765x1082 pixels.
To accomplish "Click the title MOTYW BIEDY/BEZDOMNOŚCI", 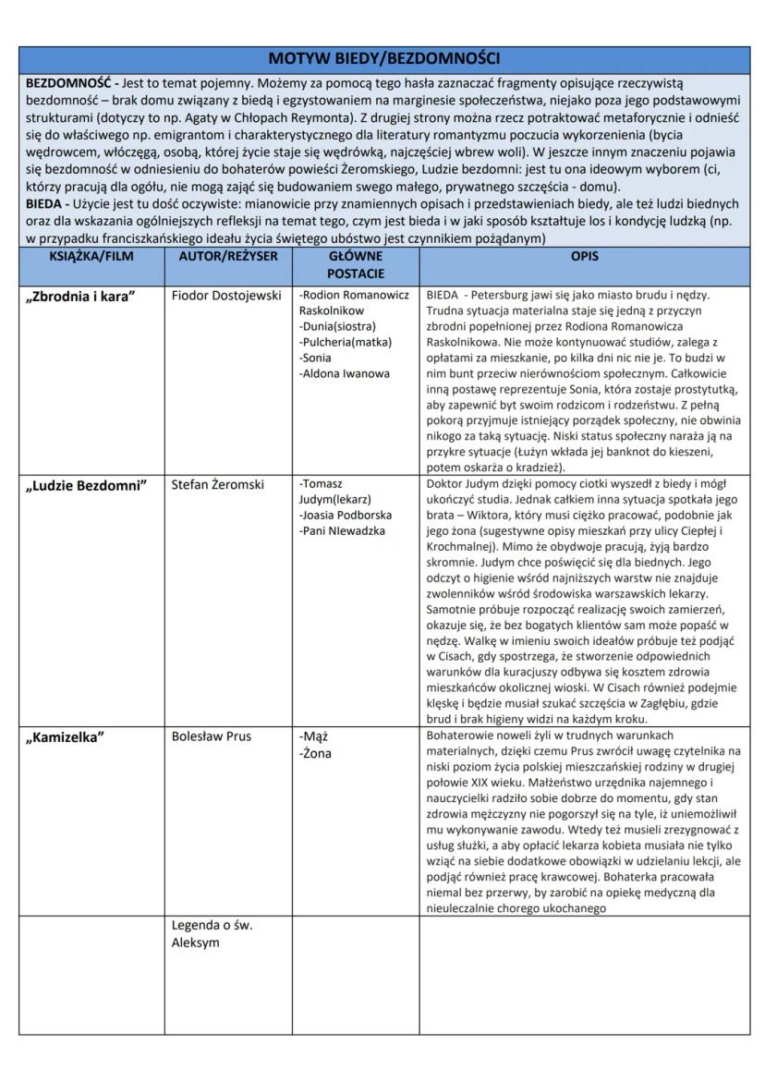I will [382, 58].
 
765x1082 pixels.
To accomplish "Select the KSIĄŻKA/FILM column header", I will [91, 256].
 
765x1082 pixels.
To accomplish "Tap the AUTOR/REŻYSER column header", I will [228, 256].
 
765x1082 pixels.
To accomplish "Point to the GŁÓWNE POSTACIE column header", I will [355, 264].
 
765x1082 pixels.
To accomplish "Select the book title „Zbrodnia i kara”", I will [79, 298].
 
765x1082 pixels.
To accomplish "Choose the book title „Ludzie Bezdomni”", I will [85, 486].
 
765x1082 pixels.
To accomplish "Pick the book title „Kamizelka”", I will [66, 737].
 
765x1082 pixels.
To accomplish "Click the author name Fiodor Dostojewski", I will [226, 296].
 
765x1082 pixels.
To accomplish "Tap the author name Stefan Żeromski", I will [218, 484].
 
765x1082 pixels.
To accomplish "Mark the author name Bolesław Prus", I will [212, 736].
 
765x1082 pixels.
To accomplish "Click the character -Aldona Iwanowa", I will [345, 373].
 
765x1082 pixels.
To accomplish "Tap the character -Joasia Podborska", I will [346, 515].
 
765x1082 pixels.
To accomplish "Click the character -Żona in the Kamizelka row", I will [316, 753].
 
